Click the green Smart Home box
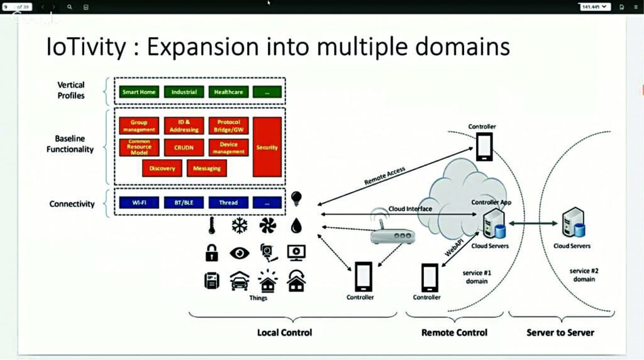click(139, 92)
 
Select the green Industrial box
click(184, 92)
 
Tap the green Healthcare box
click(228, 92)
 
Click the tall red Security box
click(267, 147)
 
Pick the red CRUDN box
click(184, 147)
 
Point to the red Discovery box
click(162, 168)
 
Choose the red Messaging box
click(207, 168)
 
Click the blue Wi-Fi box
click(139, 203)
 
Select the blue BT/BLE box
click(184, 203)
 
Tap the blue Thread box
click(228, 203)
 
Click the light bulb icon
click(296, 200)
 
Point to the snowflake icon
click(240, 226)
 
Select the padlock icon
click(211, 253)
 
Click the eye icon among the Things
click(240, 253)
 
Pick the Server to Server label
click(560, 332)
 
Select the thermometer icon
click(211, 226)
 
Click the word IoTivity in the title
click(89, 47)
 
